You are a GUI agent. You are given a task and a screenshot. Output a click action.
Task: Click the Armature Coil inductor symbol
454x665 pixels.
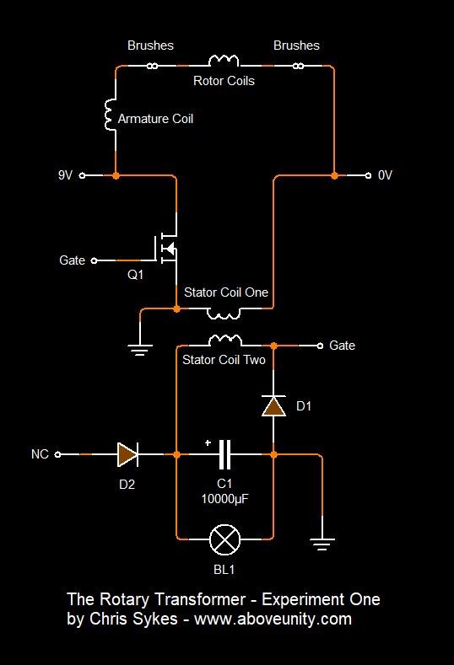pos(111,115)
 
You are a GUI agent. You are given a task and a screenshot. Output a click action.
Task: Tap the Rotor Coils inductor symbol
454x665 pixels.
pos(224,61)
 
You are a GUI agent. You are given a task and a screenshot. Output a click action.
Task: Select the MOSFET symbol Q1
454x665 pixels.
pos(166,248)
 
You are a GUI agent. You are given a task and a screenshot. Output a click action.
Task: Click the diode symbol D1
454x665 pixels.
pos(273,406)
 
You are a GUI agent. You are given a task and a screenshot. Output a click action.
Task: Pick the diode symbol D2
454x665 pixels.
pos(127,454)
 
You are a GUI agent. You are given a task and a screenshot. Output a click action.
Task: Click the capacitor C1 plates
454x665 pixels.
pos(224,454)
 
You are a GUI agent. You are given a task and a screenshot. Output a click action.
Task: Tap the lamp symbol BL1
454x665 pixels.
pos(224,539)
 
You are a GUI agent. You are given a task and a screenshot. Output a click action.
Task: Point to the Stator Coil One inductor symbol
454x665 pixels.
pos(224,314)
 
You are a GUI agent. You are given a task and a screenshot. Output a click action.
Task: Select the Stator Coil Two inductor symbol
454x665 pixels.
pos(225,341)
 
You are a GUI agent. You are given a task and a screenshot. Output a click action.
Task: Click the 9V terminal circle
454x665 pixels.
pos(83,175)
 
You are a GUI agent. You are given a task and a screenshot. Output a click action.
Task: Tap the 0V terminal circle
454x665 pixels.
pos(368,175)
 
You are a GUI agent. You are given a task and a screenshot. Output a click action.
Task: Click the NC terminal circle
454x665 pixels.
pos(57,454)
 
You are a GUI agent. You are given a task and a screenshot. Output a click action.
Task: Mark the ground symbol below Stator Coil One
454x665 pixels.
pos(140,350)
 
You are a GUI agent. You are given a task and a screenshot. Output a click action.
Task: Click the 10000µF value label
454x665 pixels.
pos(224,499)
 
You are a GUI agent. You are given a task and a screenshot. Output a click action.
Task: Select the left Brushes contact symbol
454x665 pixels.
pos(153,66)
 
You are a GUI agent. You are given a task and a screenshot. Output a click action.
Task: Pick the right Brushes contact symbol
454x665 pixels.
pos(298,66)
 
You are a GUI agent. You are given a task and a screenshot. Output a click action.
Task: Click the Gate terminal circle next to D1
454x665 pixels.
pos(320,346)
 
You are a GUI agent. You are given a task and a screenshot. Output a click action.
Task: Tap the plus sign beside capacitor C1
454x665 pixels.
pos(208,443)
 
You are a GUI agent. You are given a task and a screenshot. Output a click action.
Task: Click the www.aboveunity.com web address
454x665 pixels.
pos(273,619)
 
